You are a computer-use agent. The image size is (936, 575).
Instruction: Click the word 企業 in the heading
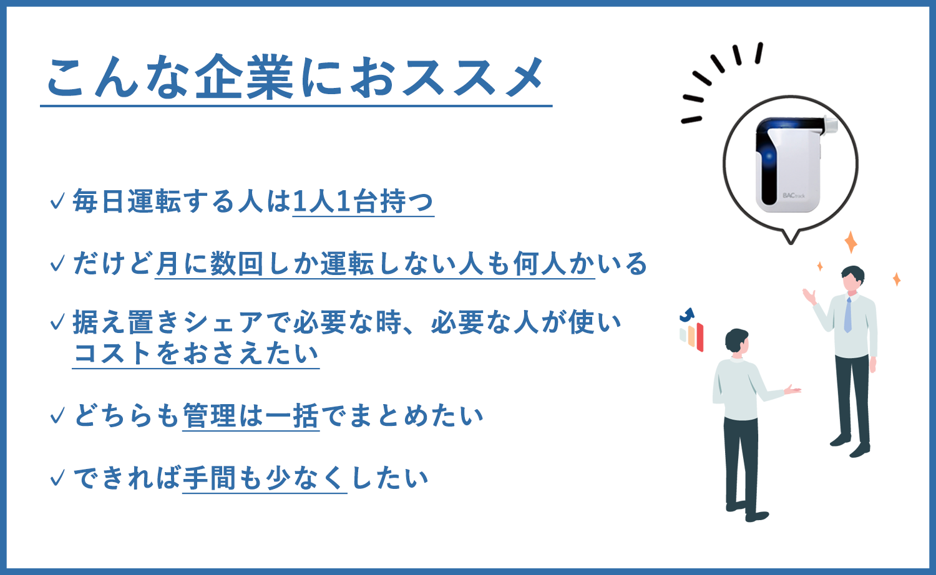coord(245,77)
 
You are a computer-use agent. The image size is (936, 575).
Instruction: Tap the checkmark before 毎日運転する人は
coord(57,201)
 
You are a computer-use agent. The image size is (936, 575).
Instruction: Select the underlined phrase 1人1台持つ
coord(363,201)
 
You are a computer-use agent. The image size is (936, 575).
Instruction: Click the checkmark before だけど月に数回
coord(57,263)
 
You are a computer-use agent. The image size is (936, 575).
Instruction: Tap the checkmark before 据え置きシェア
coord(57,322)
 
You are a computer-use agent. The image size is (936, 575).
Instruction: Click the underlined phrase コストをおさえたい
coord(196,353)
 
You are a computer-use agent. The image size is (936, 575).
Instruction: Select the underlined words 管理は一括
coord(251,416)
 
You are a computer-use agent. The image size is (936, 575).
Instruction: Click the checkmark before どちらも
coord(57,416)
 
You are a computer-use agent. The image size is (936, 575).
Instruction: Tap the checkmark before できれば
coord(57,478)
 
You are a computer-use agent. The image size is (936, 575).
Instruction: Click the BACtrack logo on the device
coord(794,195)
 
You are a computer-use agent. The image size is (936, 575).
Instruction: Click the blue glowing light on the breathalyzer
coord(769,157)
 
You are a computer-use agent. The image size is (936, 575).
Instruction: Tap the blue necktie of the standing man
coord(848,315)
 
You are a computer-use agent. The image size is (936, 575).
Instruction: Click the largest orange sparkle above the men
coord(851,242)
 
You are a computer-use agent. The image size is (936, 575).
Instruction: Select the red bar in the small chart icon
coord(700,337)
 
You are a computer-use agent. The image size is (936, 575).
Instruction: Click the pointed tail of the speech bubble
coord(791,239)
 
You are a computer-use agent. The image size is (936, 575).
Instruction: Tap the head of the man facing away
coord(737,342)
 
